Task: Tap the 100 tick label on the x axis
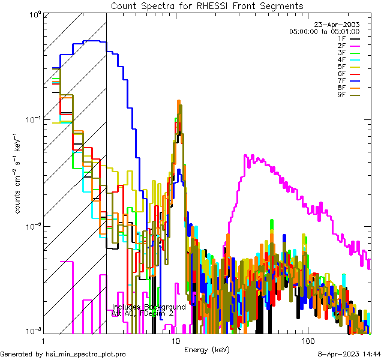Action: pos(307,341)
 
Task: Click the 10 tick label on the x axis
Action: pos(176,341)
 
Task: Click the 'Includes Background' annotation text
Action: pos(149,307)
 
